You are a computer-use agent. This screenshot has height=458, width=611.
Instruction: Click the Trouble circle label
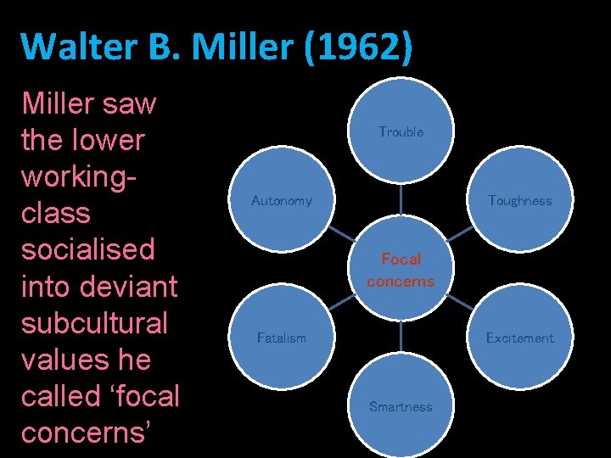[x=401, y=132]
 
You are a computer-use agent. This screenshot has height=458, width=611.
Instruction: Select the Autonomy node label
[x=281, y=201]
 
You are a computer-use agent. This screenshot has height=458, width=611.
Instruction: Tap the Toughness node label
[x=519, y=201]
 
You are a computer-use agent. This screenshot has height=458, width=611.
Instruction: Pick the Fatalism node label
[x=281, y=338]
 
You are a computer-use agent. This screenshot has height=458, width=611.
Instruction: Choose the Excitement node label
[x=519, y=338]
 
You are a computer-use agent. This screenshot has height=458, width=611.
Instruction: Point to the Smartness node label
[x=401, y=407]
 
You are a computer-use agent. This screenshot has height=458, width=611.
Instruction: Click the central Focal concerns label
[x=401, y=270]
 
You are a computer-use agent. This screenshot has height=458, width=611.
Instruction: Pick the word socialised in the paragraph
[x=88, y=249]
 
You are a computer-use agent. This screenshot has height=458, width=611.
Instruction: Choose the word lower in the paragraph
[x=102, y=140]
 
